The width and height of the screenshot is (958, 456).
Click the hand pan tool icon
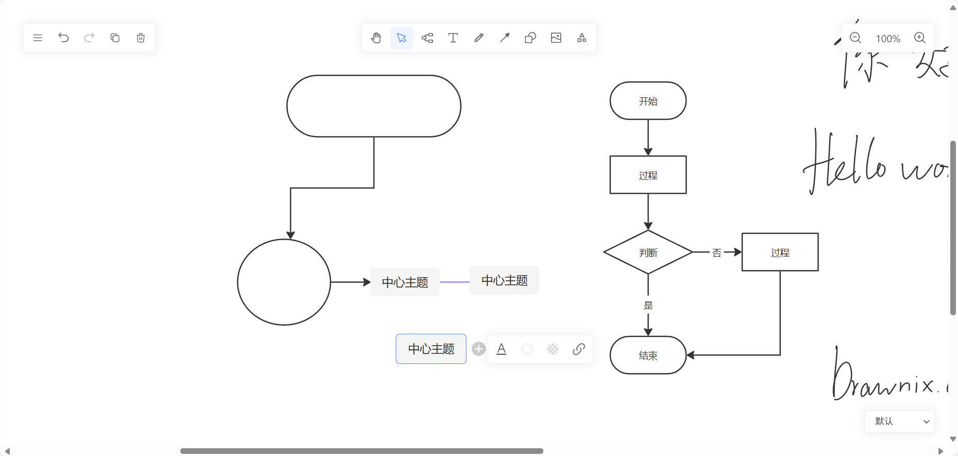[x=376, y=38]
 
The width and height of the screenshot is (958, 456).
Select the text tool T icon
[x=453, y=38]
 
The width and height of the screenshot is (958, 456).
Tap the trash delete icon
[x=141, y=38]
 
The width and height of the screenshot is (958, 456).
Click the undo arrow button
[x=63, y=38]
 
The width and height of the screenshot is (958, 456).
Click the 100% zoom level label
[x=888, y=39]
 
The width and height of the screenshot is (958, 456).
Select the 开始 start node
[x=648, y=101]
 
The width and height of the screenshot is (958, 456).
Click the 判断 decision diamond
[x=648, y=252]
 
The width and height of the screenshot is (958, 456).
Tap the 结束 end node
[x=648, y=356]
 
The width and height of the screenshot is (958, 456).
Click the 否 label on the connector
[x=716, y=252]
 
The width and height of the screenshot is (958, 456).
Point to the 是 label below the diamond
[x=648, y=306]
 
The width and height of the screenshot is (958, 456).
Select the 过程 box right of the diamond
[x=780, y=252]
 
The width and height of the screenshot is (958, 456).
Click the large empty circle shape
[x=284, y=282]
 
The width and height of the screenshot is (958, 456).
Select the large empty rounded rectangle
[x=373, y=106]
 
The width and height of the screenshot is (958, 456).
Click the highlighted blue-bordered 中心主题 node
[x=431, y=349]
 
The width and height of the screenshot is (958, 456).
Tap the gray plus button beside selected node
[x=478, y=349]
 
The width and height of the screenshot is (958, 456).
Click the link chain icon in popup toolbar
[x=578, y=349]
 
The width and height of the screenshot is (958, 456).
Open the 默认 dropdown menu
[x=899, y=421]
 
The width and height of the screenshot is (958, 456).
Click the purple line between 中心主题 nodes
[x=454, y=282]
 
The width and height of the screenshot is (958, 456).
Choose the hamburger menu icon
[x=38, y=38]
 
